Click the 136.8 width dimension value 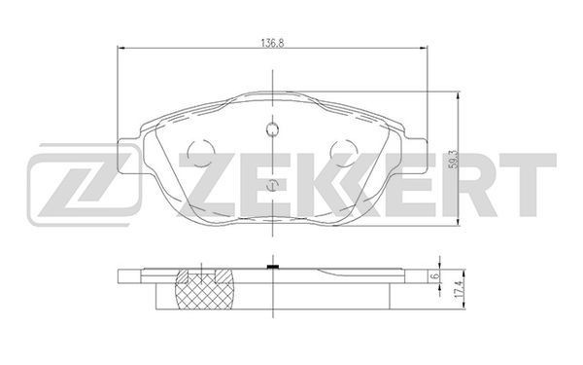272,43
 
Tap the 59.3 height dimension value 453,160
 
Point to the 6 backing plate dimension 435,276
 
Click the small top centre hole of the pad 272,129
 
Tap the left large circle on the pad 201,153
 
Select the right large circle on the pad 344,153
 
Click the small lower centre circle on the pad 273,185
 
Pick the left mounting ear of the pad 129,156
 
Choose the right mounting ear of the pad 416,156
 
